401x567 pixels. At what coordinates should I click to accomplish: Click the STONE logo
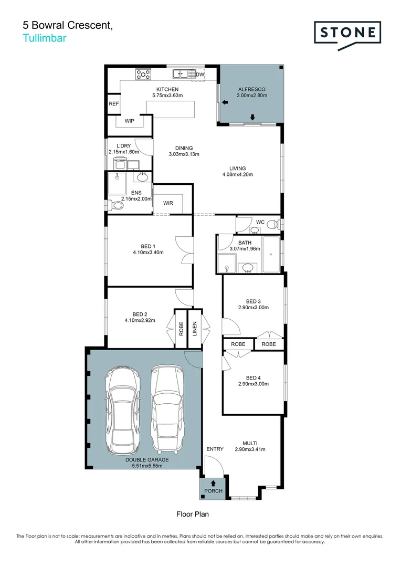pyautogui.click(x=347, y=33)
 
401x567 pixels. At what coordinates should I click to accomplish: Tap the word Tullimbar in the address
pyautogui.click(x=45, y=37)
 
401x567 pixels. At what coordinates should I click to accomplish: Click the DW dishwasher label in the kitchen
pyautogui.click(x=199, y=75)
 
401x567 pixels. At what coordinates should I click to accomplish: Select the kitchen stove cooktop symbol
pyautogui.click(x=143, y=75)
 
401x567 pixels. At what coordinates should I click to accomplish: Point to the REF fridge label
pyautogui.click(x=114, y=104)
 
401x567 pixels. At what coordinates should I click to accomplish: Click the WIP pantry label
pyautogui.click(x=130, y=121)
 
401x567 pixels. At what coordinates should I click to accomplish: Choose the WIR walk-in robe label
pyautogui.click(x=168, y=203)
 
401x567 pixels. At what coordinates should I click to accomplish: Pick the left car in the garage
pyautogui.click(x=123, y=409)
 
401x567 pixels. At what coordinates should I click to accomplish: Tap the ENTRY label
pyautogui.click(x=215, y=449)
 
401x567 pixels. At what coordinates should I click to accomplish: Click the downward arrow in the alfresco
pyautogui.click(x=252, y=117)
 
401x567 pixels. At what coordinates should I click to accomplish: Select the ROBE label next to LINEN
pyautogui.click(x=181, y=329)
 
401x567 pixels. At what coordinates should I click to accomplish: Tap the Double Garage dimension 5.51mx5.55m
pyautogui.click(x=147, y=465)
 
